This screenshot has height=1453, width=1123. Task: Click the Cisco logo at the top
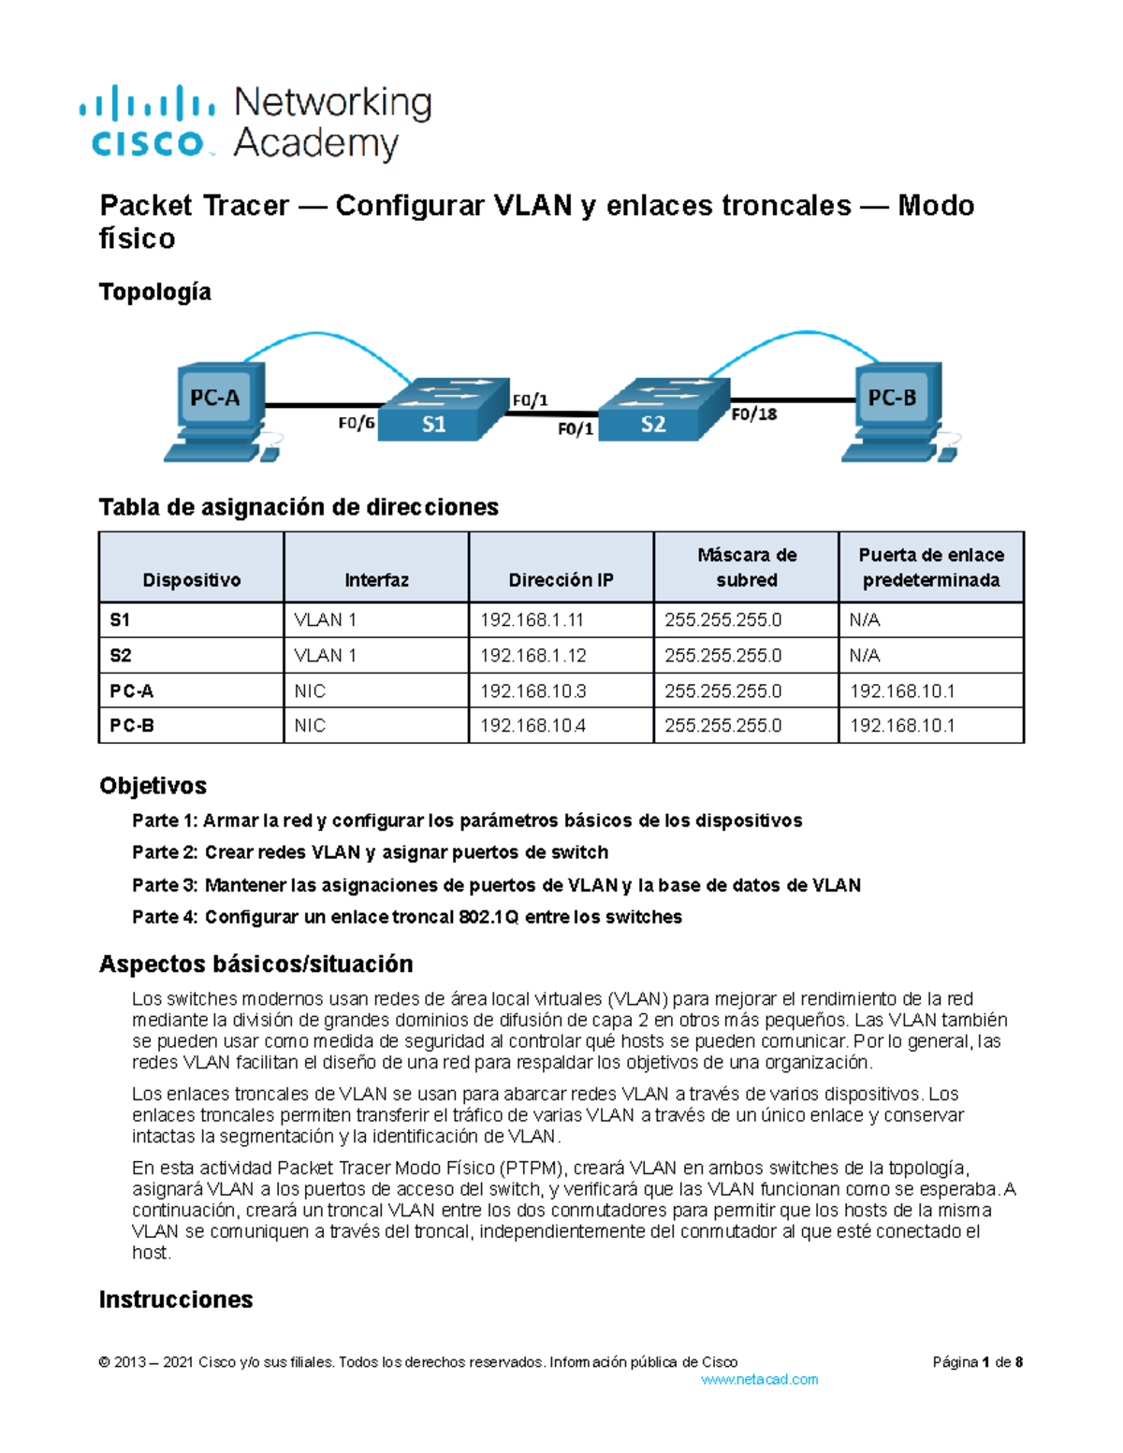tap(148, 122)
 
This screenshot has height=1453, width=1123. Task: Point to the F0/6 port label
tap(357, 423)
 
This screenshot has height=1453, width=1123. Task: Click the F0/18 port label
tap(754, 414)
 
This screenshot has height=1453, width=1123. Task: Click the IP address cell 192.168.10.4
tap(532, 726)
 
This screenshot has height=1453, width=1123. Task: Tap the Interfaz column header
tap(376, 580)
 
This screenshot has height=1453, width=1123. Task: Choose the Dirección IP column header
tap(561, 580)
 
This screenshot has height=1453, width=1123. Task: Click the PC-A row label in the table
tap(132, 691)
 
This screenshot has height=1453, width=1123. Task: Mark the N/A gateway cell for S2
tap(865, 656)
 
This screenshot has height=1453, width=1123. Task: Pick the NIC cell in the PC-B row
tap(310, 726)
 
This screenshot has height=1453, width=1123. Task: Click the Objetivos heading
tap(153, 786)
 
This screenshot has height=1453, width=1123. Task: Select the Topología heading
tap(155, 293)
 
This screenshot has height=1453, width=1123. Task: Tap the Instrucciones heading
tap(176, 1300)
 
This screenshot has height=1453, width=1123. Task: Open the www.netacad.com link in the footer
tap(759, 1380)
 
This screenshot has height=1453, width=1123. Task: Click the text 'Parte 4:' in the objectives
tap(165, 918)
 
